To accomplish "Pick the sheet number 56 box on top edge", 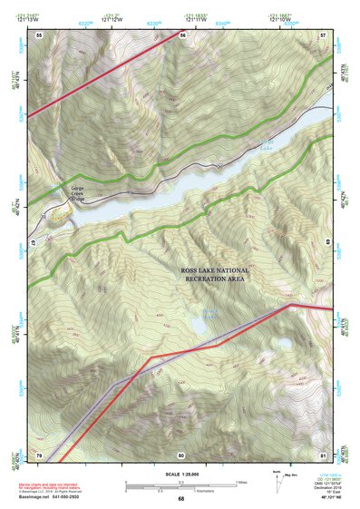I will click(x=182, y=34).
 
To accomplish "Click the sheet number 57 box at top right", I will click(x=323, y=34).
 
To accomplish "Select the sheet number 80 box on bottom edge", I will click(x=181, y=454).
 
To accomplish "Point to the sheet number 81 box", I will click(x=323, y=454).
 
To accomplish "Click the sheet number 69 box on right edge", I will click(x=324, y=242).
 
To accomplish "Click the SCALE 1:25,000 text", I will click(x=180, y=475).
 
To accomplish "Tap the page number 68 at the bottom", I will click(x=180, y=498).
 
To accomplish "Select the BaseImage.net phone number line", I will click(x=56, y=498).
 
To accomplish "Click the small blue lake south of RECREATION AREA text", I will click(x=210, y=315).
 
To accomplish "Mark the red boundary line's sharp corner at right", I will click(x=289, y=305).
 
